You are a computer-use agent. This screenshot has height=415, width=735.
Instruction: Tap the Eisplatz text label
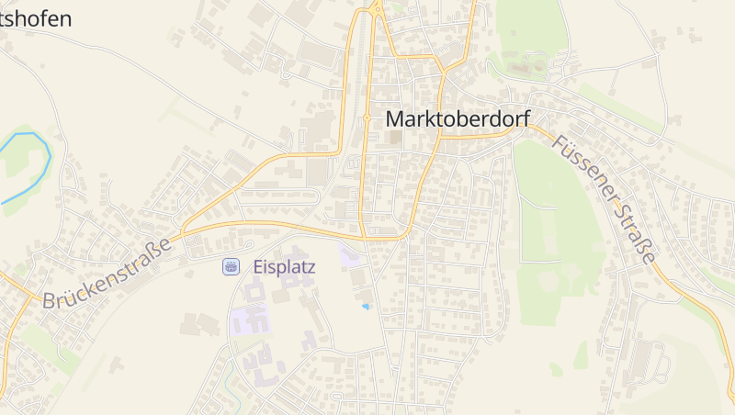pyautogui.click(x=284, y=267)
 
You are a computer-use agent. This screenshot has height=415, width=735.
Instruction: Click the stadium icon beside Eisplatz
pyautogui.click(x=231, y=267)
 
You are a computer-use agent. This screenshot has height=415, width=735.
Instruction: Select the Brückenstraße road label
pyautogui.click(x=107, y=274)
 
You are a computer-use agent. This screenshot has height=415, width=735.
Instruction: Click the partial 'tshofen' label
pyautogui.click(x=36, y=17)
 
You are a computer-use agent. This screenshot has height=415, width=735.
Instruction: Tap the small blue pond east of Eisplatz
pyautogui.click(x=366, y=306)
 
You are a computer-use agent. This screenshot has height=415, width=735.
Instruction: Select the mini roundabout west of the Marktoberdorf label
pyautogui.click(x=367, y=118)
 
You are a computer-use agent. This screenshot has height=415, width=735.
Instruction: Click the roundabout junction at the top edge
pyautogui.click(x=377, y=10)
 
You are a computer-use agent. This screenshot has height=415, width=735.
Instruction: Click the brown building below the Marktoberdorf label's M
pyautogui.click(x=395, y=138)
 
